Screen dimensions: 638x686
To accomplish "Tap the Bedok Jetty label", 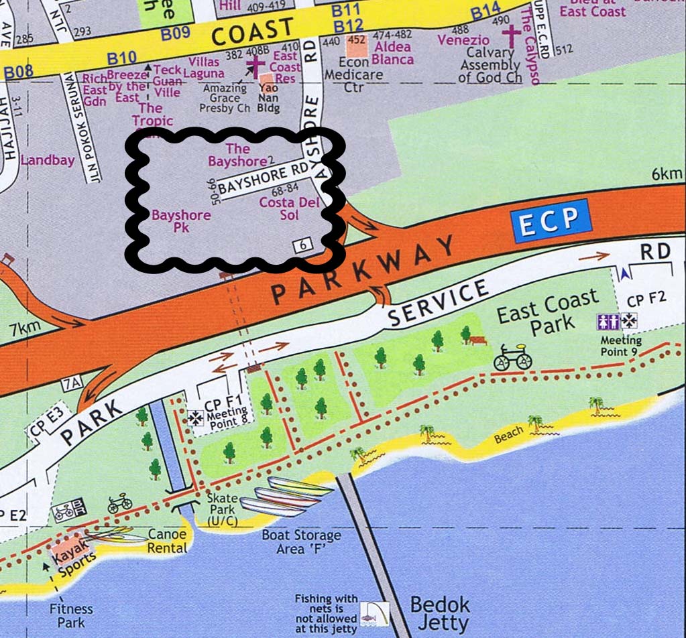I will point(440,613).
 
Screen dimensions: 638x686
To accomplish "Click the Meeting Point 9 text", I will point(620,346).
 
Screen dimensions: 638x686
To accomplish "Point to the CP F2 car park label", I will point(646,299).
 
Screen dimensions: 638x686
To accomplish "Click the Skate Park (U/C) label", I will point(222,510).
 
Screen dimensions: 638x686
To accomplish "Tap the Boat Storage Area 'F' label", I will point(301,542).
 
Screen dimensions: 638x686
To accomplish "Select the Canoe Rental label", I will point(167,541).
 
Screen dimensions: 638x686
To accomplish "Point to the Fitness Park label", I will point(70,616).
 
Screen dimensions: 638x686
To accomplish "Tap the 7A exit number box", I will point(71,384).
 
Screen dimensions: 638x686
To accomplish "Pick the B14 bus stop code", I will point(485,11).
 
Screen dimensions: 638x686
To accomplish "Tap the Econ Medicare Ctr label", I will point(353,74).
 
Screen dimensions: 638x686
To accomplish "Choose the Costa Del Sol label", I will point(288,208).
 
